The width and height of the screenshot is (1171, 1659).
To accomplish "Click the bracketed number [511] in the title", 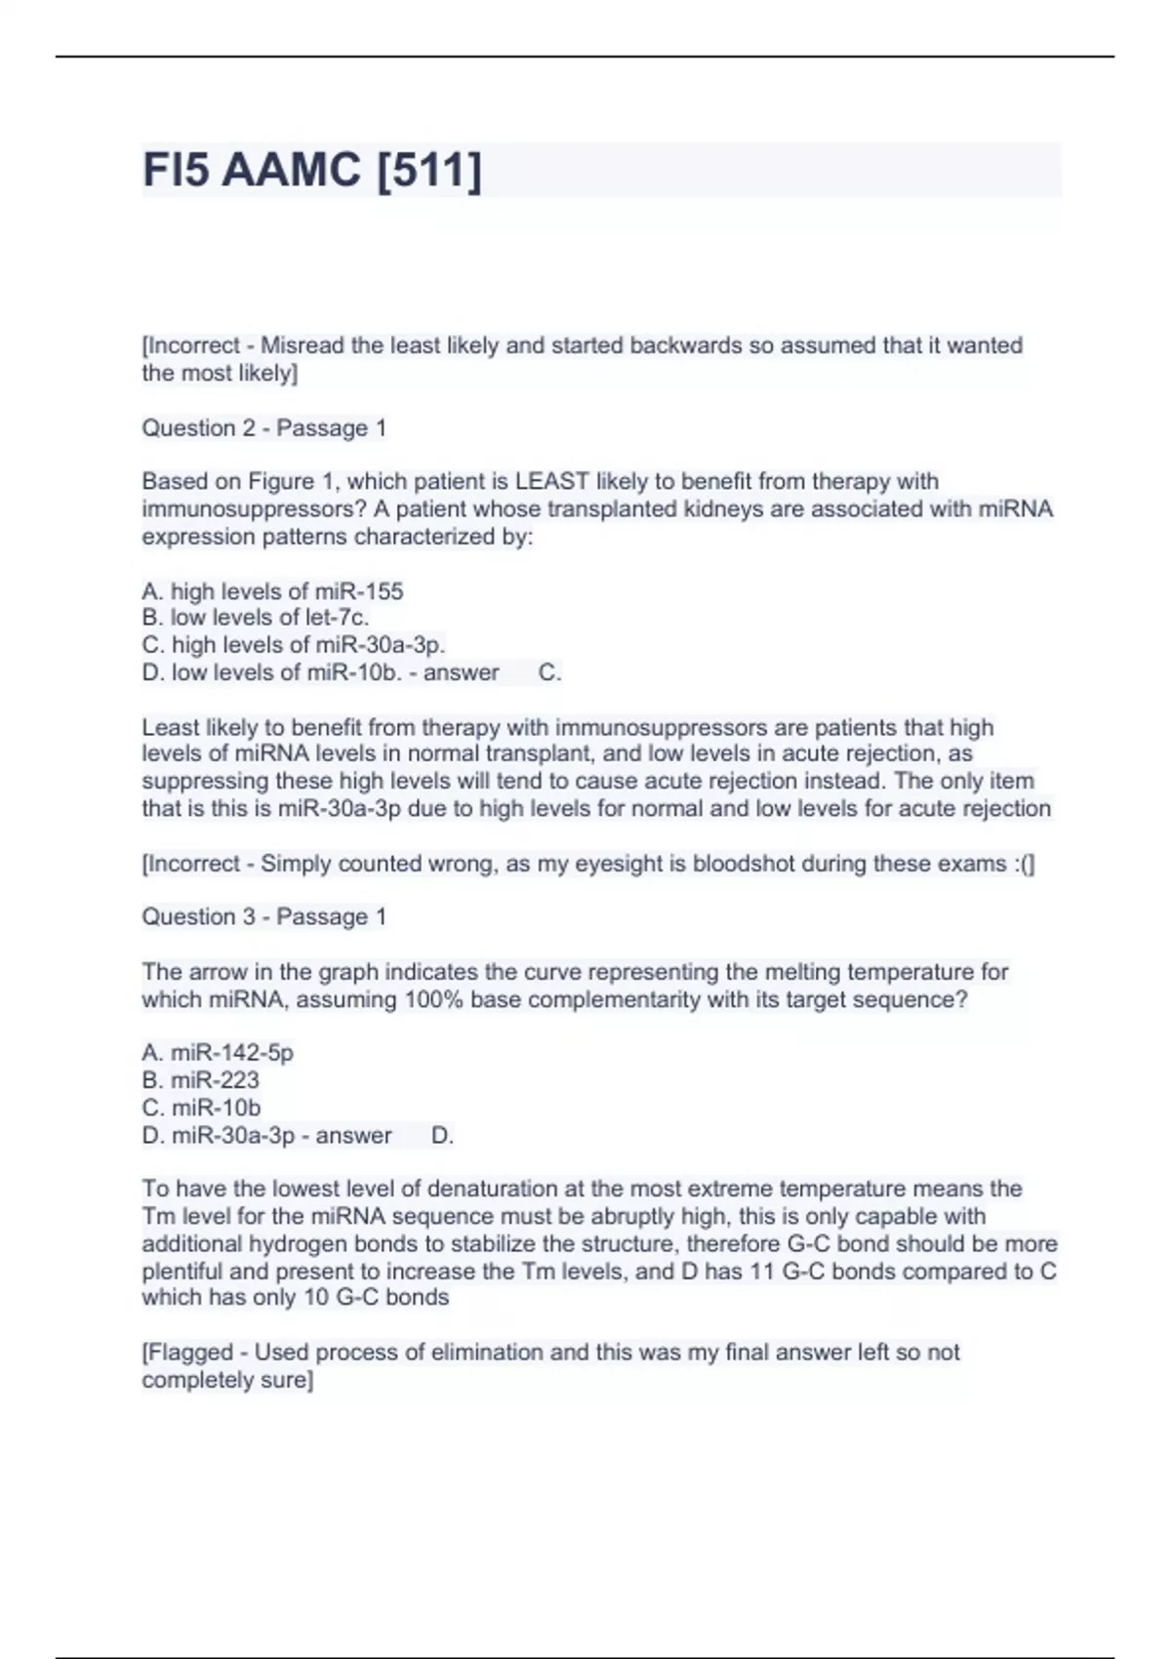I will [x=428, y=170].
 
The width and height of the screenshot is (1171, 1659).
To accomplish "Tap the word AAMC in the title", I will [x=292, y=170].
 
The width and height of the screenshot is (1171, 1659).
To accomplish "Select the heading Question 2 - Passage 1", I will [x=263, y=427].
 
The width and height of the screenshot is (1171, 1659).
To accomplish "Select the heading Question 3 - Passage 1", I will [x=263, y=916].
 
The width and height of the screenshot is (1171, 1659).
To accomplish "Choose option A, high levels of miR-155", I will [x=272, y=591].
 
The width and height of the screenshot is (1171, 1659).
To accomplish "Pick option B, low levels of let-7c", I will [x=256, y=617].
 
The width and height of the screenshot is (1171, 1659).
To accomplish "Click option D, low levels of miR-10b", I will [x=272, y=672].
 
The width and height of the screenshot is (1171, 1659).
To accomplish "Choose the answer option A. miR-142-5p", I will [x=218, y=1052].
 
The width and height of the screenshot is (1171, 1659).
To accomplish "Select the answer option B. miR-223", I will [x=201, y=1079].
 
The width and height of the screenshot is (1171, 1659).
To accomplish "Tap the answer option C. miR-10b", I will [x=201, y=1108].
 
